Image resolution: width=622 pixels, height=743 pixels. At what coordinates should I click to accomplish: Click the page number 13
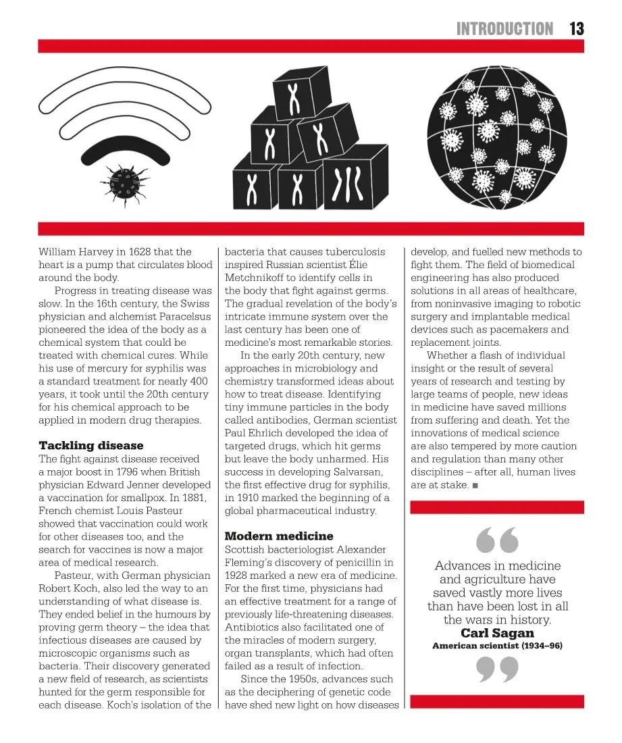pos(576,28)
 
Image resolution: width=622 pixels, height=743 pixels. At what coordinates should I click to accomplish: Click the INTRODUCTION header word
pos(504,28)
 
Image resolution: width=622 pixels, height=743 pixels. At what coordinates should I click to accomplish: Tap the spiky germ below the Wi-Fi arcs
pos(123,180)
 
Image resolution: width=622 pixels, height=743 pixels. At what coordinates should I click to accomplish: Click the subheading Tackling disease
pos(91,445)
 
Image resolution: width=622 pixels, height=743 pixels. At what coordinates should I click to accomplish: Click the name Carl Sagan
pos(497,633)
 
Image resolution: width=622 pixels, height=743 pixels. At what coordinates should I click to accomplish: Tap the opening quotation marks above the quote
pos(497,539)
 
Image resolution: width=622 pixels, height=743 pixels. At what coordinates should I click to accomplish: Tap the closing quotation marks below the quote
pos(497,671)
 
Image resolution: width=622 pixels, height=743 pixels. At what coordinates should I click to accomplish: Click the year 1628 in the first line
pos(150,252)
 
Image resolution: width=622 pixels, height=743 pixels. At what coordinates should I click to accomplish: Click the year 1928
pos(239,575)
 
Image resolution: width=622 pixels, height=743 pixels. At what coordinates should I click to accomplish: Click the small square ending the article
pos(476,486)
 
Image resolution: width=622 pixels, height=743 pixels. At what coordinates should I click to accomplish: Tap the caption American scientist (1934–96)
pos(497,646)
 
